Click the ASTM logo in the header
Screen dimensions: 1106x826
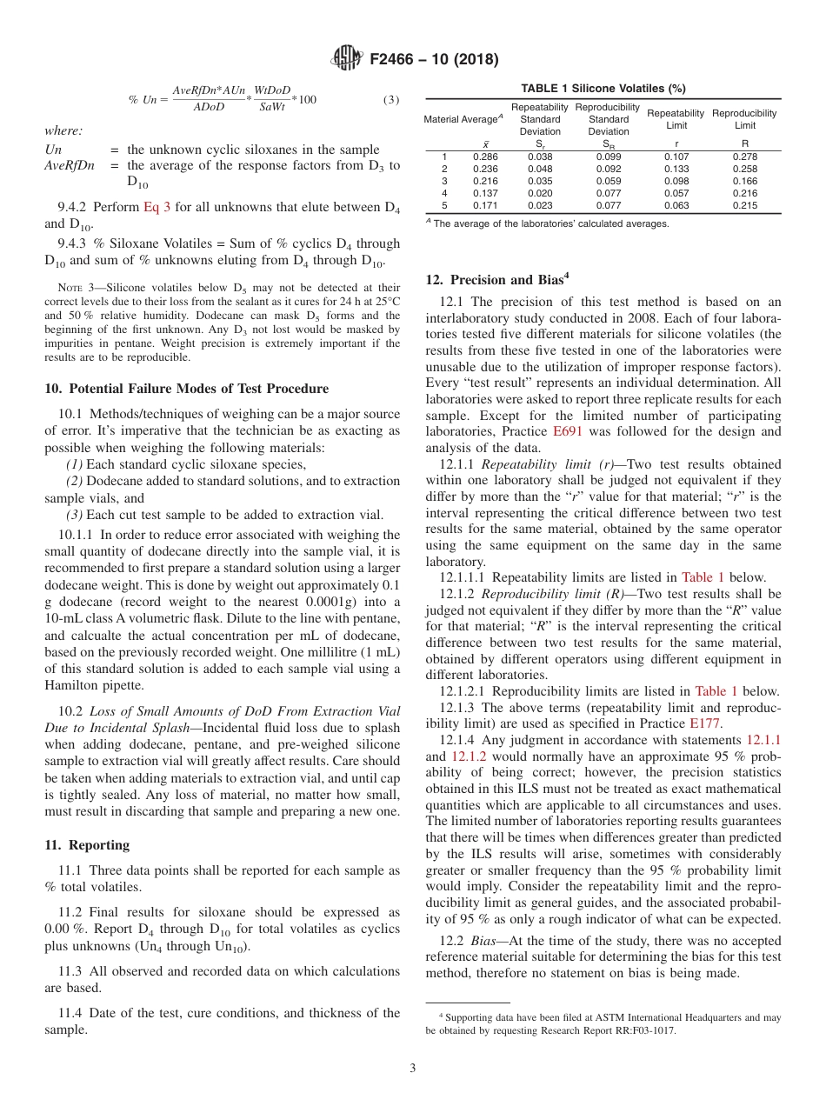(x=348, y=60)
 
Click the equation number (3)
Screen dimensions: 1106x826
(x=391, y=99)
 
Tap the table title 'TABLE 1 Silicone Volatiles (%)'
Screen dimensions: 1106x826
(x=603, y=88)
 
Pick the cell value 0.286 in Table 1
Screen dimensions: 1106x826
(x=484, y=157)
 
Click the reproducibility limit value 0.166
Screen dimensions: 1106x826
(x=744, y=181)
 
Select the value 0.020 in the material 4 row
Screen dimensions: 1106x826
(x=540, y=193)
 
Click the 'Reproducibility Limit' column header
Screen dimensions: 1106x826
(x=744, y=119)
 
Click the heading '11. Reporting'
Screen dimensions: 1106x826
(x=87, y=845)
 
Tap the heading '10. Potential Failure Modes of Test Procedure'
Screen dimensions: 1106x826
(x=186, y=388)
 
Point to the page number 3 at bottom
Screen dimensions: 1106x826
(x=412, y=1068)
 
